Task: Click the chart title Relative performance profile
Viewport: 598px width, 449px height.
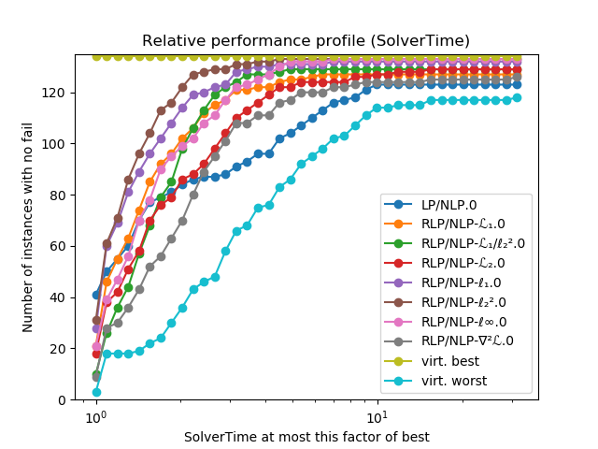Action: tap(306, 41)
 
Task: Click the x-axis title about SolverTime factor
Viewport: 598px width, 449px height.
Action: tap(306, 437)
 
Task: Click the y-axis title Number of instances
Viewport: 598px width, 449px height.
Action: tap(28, 227)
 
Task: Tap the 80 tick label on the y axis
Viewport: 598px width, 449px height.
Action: tap(58, 196)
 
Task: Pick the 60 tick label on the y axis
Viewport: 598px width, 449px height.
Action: tap(58, 246)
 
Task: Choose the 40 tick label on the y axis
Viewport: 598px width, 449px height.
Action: tap(58, 297)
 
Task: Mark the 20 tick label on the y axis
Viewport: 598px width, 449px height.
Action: tap(58, 349)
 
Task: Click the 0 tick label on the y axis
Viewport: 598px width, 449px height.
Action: tap(62, 399)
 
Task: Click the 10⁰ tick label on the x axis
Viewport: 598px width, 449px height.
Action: tap(94, 417)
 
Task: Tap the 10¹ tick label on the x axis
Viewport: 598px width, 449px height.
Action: tap(377, 417)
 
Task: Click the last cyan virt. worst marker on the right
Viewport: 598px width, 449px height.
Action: tap(517, 97)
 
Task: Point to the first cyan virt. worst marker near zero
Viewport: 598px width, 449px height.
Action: tap(96, 392)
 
